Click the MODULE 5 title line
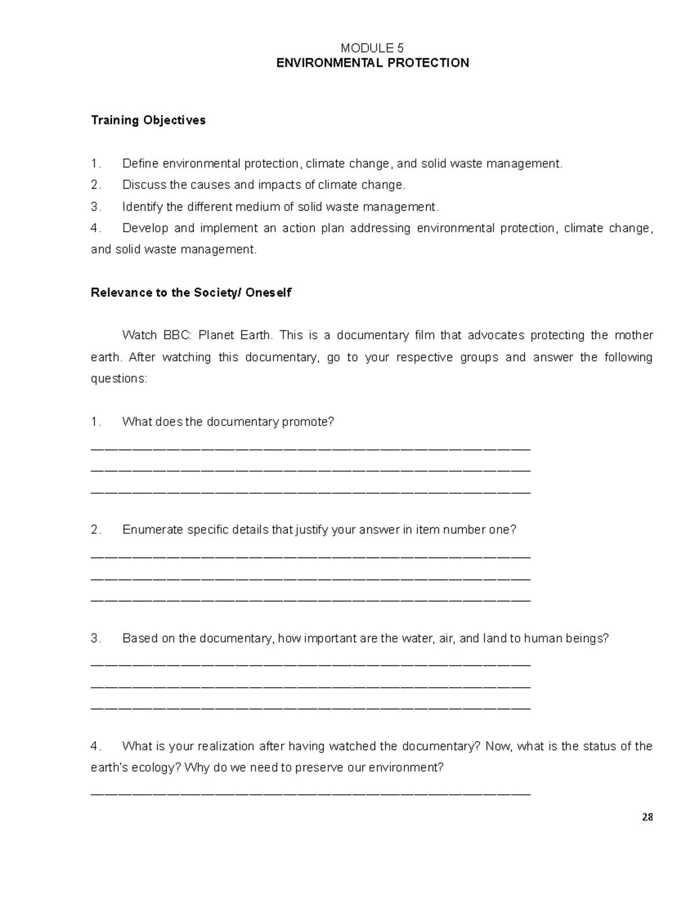(372, 48)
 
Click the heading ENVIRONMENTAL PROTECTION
(372, 63)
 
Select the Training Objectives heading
(148, 120)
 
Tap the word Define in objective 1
(141, 164)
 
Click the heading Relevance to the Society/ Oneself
(191, 293)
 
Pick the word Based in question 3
(140, 639)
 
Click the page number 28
(648, 817)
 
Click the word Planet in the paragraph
(214, 336)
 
